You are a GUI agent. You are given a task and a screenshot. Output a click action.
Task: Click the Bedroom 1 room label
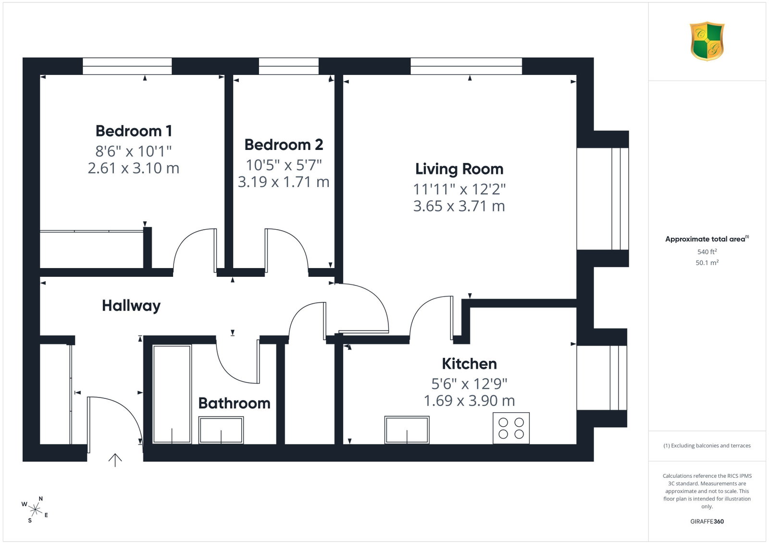[x=134, y=131]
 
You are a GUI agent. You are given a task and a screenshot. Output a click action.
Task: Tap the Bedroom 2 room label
[x=284, y=145]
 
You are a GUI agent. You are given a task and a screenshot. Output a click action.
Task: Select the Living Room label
[x=459, y=169]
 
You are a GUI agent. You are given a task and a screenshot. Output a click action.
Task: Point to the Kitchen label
[x=469, y=363]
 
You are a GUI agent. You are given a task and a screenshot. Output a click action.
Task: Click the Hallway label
[x=131, y=306]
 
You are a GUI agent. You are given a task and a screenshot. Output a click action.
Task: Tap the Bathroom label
[x=235, y=403]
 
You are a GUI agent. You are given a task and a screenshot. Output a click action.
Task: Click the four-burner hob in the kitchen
[x=511, y=428]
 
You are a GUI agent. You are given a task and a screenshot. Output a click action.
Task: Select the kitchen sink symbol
[x=407, y=430]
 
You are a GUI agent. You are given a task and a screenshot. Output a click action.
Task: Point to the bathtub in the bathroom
[x=172, y=394]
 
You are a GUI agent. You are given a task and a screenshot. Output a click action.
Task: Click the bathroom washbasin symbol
[x=221, y=430]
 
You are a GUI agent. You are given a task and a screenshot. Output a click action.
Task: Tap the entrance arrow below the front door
[x=115, y=460]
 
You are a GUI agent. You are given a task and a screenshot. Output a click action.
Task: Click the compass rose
[x=35, y=510]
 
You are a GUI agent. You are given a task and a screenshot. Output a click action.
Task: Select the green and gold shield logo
[x=707, y=41]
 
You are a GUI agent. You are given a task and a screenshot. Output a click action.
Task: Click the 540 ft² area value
[x=707, y=252]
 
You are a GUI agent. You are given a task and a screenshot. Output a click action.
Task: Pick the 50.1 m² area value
[x=707, y=262]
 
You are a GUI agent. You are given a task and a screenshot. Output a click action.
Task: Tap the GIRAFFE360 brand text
[x=707, y=521]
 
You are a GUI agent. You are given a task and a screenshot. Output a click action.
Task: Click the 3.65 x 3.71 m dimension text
[x=459, y=206]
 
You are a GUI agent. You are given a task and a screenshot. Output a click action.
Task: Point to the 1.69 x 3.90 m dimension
[x=469, y=400]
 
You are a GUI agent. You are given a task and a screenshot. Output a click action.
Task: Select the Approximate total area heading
[x=707, y=239]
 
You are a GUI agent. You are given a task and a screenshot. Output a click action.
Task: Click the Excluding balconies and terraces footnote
[x=707, y=445]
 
